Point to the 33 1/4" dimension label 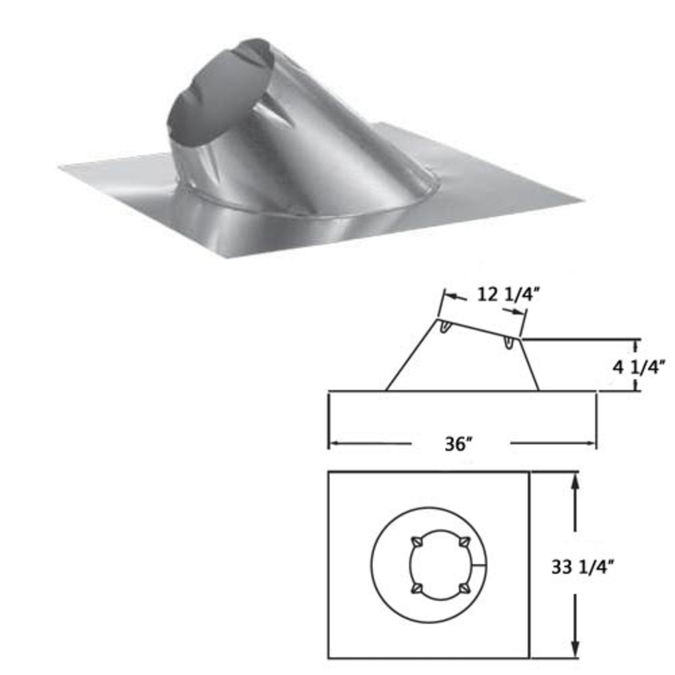[584, 567]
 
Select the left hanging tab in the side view [445, 329]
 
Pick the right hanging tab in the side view [508, 343]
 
